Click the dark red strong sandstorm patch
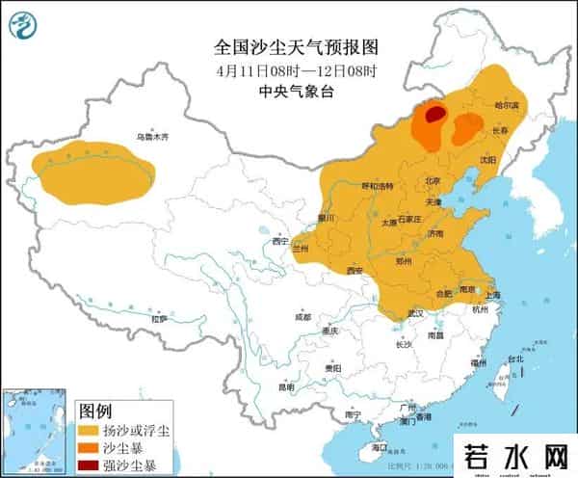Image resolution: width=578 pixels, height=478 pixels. (x=435, y=115)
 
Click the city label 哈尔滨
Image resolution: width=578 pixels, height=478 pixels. (x=506, y=103)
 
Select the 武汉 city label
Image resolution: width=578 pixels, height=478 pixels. (x=416, y=313)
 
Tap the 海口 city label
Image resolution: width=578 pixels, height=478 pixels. (x=378, y=448)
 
